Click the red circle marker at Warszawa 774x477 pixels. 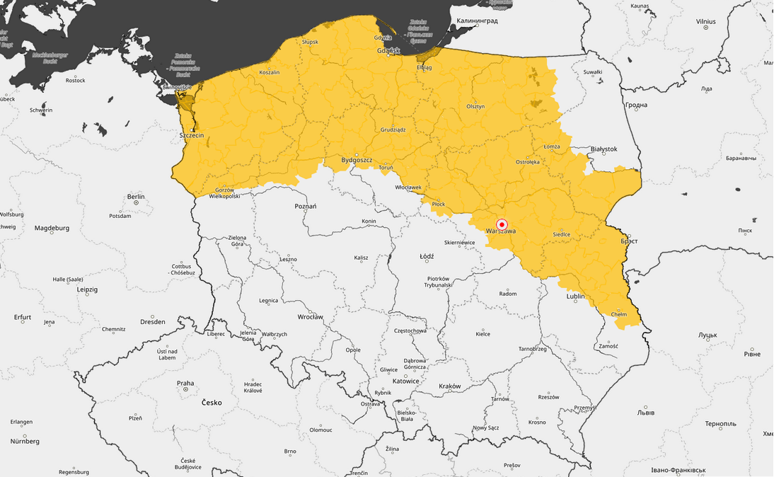tap(502, 224)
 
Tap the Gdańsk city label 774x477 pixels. tap(388, 51)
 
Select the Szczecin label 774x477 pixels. tap(192, 135)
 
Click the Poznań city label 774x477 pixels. tap(305, 206)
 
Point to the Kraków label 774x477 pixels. tap(449, 386)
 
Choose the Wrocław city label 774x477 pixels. tap(310, 317)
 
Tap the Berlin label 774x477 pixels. tap(136, 197)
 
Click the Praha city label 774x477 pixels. tap(185, 383)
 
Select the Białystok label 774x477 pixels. tap(603, 149)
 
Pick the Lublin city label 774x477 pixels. tap(575, 297)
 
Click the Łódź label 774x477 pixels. tap(427, 256)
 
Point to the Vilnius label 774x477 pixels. tap(705, 22)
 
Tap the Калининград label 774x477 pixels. tap(477, 21)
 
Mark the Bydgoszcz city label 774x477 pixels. tap(357, 161)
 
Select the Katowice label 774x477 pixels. tap(405, 381)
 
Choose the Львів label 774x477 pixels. tap(646, 413)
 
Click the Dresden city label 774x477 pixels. tap(153, 322)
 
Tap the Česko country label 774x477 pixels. tap(212, 403)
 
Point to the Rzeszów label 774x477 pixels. tap(548, 397)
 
